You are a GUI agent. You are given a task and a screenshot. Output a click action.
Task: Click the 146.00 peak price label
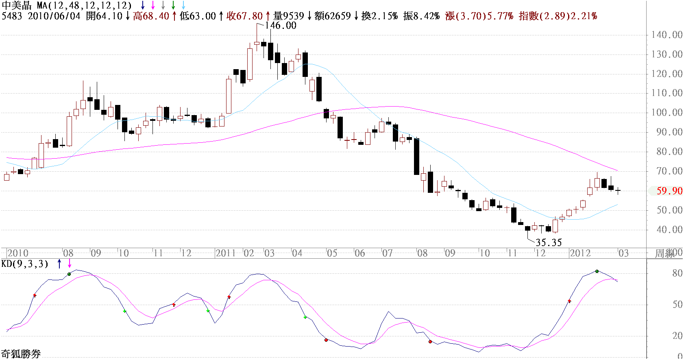(x=280, y=25)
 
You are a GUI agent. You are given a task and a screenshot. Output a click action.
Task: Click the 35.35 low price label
(x=548, y=243)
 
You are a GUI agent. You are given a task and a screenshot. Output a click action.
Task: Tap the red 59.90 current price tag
(x=669, y=191)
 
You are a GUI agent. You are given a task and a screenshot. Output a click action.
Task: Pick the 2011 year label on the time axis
(x=226, y=253)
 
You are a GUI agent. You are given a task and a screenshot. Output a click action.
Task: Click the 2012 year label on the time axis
(x=580, y=253)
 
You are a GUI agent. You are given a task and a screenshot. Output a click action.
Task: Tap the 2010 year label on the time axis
(x=18, y=253)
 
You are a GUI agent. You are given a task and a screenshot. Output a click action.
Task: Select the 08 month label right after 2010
(x=68, y=253)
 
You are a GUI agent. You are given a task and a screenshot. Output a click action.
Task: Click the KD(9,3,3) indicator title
(x=25, y=264)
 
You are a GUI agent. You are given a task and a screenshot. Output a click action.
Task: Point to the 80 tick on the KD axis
(x=677, y=273)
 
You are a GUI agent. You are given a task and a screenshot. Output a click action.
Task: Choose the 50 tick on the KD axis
(x=677, y=305)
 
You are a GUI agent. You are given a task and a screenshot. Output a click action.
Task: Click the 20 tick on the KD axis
(x=677, y=336)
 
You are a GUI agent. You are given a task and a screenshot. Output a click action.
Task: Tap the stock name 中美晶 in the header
(x=17, y=6)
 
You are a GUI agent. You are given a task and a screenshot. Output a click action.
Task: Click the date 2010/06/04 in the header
(x=54, y=16)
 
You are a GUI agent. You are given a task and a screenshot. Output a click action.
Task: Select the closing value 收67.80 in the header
(x=245, y=16)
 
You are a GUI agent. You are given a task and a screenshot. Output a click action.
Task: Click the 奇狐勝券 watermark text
(x=21, y=354)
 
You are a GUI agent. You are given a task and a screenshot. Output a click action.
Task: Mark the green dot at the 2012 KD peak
(x=597, y=271)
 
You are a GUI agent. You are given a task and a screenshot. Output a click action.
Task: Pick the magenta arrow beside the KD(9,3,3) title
(x=70, y=264)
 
